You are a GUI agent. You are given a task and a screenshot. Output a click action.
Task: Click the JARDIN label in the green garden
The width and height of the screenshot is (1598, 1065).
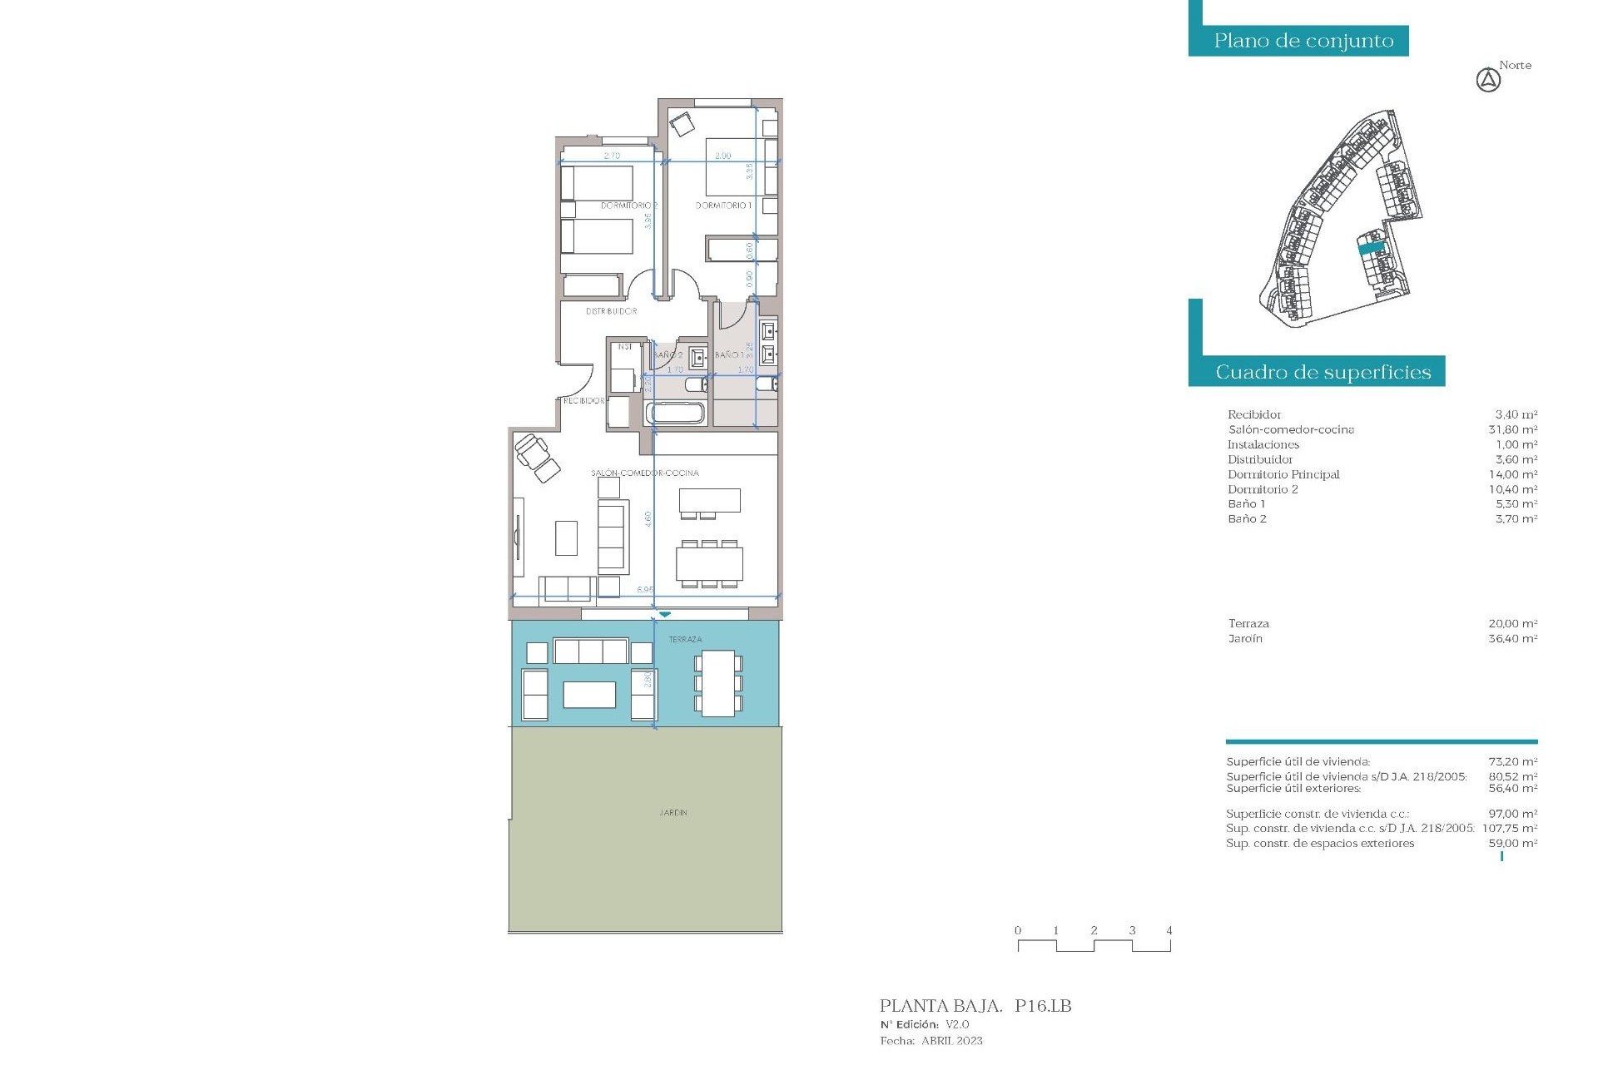coord(673,812)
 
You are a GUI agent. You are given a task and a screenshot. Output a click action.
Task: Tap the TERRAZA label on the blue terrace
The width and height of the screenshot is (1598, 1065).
coord(685,639)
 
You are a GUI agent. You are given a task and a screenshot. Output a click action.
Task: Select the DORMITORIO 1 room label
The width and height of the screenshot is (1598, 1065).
coord(723,205)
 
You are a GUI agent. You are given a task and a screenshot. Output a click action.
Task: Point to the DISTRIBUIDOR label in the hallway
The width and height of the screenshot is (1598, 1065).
coord(611,311)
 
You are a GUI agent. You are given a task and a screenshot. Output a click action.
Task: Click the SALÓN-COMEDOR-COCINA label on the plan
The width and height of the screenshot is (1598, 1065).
coord(645,473)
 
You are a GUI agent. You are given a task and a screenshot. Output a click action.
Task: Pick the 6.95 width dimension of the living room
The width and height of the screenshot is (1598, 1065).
coord(645,589)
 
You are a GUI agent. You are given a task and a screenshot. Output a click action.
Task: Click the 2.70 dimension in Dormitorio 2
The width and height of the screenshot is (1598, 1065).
coord(612,156)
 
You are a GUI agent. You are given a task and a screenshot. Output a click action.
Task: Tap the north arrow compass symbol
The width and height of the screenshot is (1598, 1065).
coord(1488,81)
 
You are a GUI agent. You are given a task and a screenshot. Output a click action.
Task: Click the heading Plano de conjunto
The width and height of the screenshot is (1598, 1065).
coord(1303,41)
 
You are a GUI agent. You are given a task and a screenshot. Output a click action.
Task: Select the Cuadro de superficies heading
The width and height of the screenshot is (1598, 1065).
coord(1323,372)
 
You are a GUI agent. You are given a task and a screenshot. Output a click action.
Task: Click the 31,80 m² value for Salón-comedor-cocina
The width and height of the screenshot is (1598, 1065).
coord(1512,429)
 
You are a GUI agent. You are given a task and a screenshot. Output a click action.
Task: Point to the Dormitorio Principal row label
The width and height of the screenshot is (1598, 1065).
coord(1283,474)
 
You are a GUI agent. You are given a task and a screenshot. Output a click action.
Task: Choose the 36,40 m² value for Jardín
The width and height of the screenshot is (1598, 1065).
coord(1512,639)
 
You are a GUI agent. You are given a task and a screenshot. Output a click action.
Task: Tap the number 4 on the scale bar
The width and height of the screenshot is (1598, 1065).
coord(1169,930)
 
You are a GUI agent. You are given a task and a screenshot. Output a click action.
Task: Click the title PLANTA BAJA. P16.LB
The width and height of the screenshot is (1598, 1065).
coord(975,1006)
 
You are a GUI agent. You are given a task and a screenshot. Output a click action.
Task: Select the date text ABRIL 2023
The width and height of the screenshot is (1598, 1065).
coord(951,1041)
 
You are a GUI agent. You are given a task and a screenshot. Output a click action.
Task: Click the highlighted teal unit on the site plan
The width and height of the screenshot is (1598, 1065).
coord(1371,247)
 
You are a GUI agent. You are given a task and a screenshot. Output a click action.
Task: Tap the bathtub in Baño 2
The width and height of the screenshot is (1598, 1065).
coord(675,413)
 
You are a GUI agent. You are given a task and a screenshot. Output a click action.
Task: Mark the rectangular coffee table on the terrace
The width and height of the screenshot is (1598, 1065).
coord(589,694)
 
